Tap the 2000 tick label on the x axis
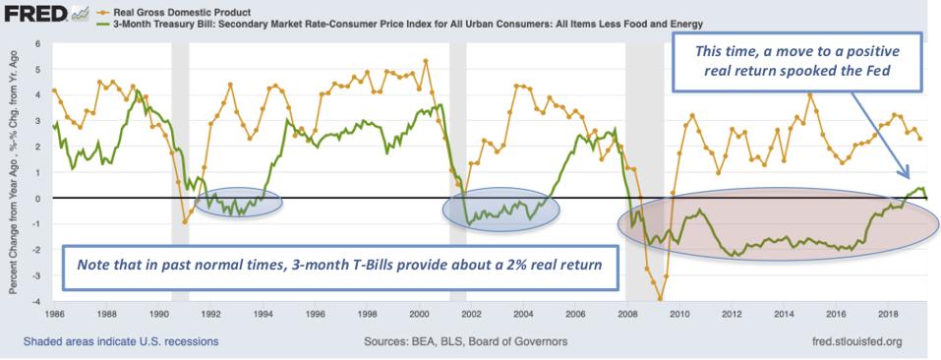[417, 315]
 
